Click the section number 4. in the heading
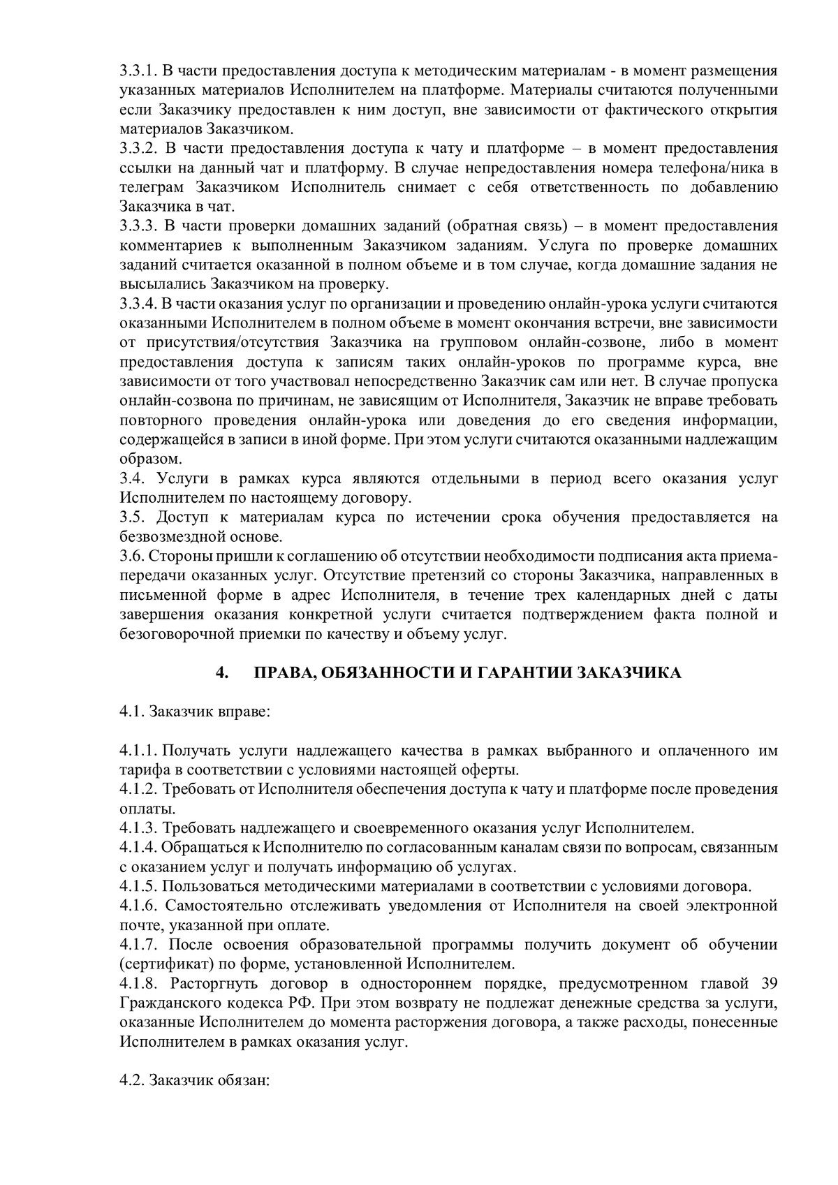(x=222, y=673)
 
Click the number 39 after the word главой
(x=767, y=984)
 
